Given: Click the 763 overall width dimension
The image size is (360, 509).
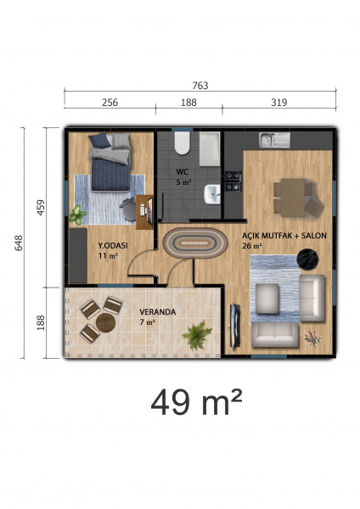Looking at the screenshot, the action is pos(200,86).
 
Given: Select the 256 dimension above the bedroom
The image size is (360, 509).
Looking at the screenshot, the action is pos(110,103).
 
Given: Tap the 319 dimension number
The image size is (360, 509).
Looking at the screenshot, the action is pos(279,103).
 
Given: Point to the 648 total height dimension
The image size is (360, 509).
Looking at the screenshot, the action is pos(19,243).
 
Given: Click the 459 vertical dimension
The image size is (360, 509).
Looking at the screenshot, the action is pos(41,208).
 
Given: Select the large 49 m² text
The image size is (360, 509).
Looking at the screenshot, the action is pos(197,402).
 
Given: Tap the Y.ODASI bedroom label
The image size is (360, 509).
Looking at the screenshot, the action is pos(113,246).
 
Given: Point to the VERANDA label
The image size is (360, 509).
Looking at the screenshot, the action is pos(158,312).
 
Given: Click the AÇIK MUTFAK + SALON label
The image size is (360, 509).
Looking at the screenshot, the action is pos(284,236).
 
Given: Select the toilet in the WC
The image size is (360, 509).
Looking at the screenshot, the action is pos(182,143).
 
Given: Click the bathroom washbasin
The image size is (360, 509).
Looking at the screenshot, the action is pos(212,194).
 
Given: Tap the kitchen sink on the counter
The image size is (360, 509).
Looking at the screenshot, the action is pos(274,140).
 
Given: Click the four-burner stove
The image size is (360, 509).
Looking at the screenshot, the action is pos(233,181).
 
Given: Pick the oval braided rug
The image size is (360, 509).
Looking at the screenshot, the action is pos(195,243).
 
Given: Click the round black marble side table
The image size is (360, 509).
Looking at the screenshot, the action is pos(307,260).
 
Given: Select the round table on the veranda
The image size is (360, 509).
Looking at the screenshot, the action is pos(105,322).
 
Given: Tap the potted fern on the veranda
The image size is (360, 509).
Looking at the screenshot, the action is pos(197,335).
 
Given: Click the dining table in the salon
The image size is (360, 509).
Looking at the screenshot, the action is pos(293,197).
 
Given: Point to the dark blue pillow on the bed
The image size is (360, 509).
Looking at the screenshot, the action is pos(100,141).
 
